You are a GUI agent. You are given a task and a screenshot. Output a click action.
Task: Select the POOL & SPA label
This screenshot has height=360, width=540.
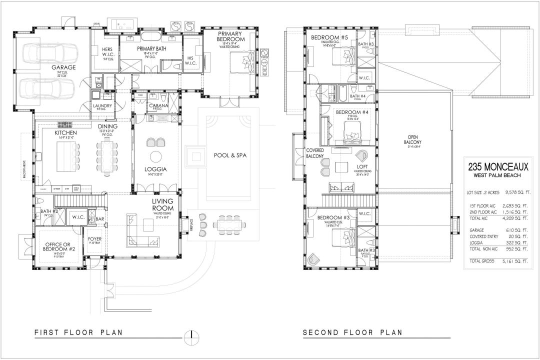point(230,155)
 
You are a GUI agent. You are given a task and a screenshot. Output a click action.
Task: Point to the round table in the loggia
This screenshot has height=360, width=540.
point(156,155)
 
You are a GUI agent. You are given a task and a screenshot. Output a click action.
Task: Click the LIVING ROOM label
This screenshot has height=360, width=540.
point(163,204)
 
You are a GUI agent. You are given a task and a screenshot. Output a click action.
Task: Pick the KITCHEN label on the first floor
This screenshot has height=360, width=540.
point(65,133)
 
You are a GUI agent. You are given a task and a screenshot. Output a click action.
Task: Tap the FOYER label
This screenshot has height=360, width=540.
point(94,239)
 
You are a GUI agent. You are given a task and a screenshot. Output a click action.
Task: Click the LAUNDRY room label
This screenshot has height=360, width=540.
point(102,106)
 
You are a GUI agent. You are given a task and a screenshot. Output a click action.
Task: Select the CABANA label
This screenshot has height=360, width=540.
point(158,105)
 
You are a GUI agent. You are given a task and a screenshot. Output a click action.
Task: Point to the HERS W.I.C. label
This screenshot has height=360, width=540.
point(107,52)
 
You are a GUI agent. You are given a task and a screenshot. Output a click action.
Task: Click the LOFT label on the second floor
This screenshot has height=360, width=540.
point(362,166)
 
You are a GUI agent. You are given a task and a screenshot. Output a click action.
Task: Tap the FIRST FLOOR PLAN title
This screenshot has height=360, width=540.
point(79,332)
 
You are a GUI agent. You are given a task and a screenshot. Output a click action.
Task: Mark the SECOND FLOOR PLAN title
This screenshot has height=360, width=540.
point(352,332)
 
